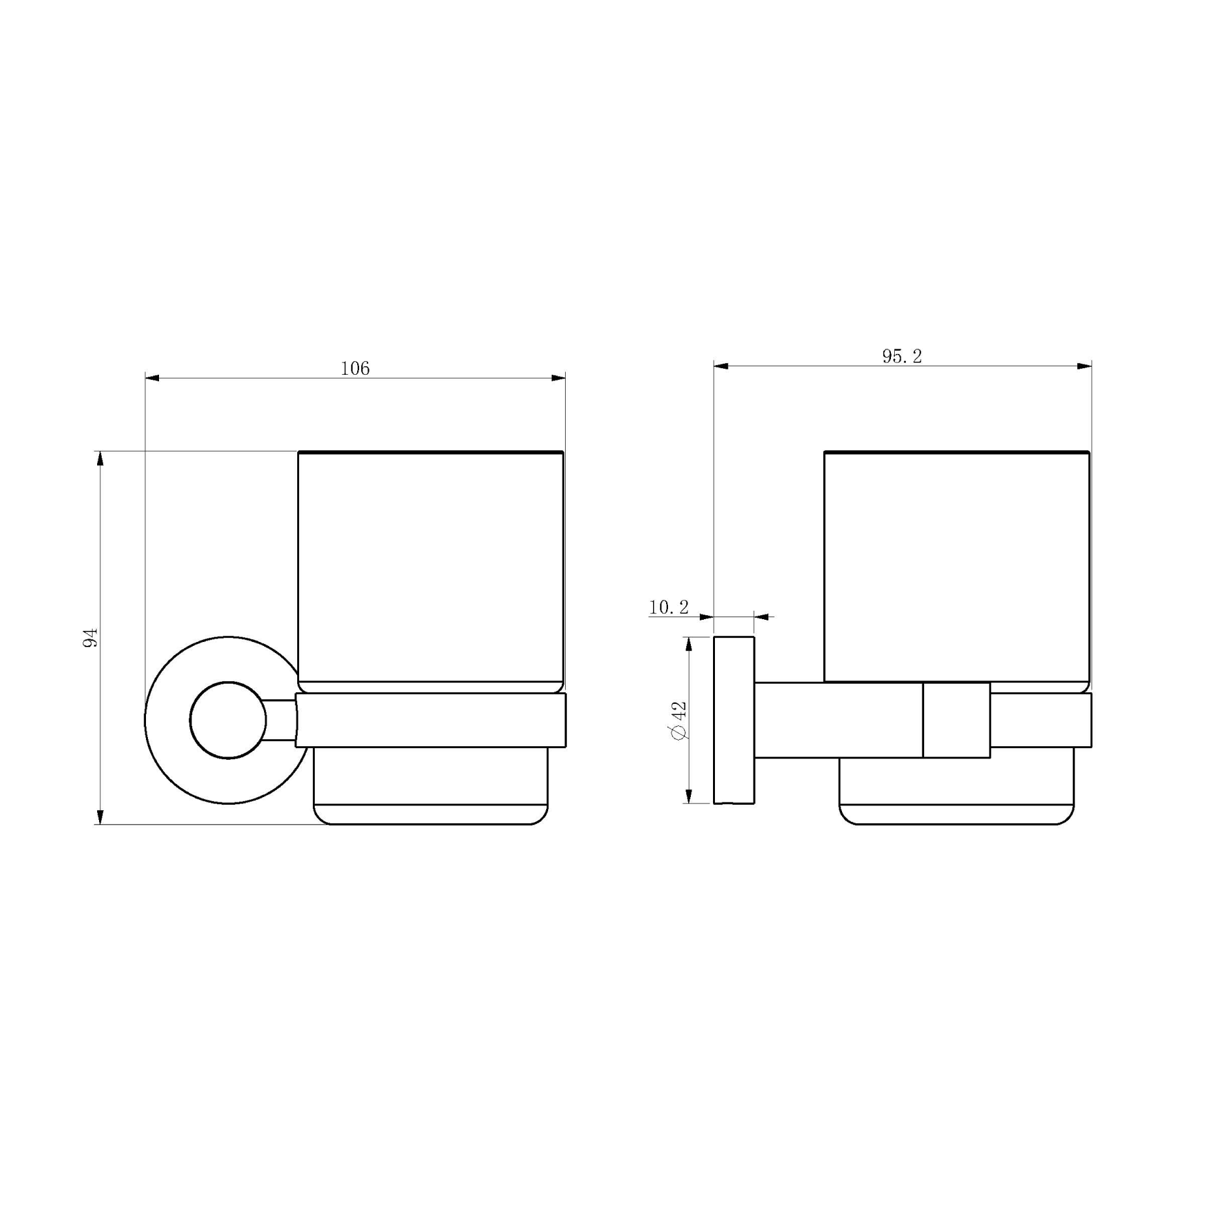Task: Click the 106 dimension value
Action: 355,369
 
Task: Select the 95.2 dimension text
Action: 902,356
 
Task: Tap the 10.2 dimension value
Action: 669,607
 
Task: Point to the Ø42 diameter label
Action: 678,720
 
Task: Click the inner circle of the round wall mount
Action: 228,720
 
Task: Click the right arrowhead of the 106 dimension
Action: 558,378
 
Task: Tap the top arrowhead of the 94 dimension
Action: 100,459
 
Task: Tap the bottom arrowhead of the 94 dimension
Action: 100,817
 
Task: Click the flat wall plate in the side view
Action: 734,720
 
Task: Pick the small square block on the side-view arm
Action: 956,720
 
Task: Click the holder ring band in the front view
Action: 430,720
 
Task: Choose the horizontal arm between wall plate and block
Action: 838,720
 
